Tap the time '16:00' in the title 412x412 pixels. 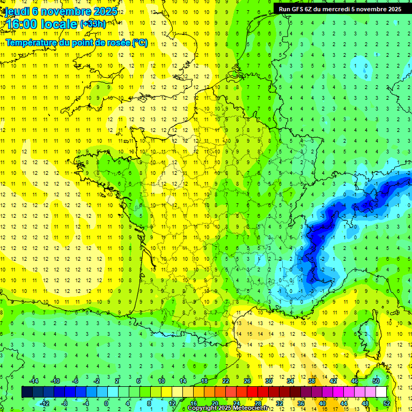click(x=24, y=24)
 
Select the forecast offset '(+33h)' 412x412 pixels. click(x=93, y=24)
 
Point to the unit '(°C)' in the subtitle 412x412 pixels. click(x=139, y=43)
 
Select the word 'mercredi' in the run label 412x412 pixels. click(x=336, y=9)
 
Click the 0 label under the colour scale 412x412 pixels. click(x=106, y=403)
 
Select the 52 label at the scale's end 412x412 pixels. click(x=387, y=403)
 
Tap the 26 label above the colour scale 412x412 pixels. click(x=247, y=381)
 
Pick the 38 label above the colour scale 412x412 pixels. click(x=311, y=381)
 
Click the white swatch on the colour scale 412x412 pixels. click(x=381, y=392)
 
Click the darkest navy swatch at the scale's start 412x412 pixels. click(x=27, y=392)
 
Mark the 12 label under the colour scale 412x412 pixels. click(x=172, y=403)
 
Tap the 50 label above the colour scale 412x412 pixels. click(x=376, y=381)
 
